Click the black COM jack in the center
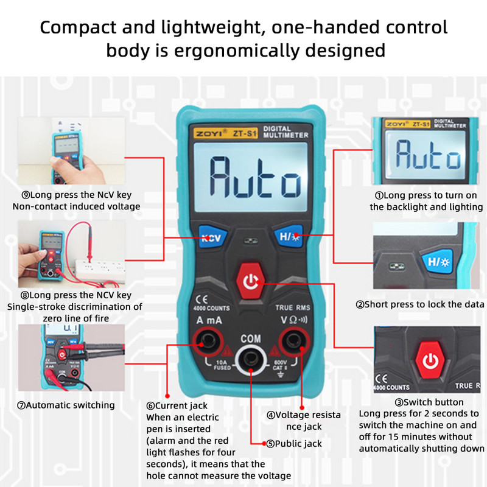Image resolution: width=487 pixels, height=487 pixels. [x=250, y=361]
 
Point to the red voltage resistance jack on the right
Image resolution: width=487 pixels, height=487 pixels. [x=293, y=344]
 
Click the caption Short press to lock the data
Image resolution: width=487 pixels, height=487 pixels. [x=420, y=304]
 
